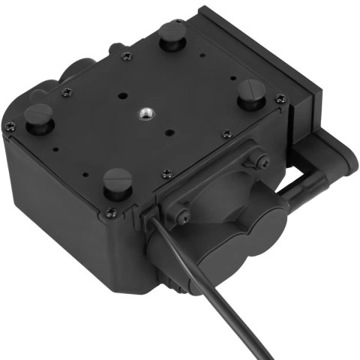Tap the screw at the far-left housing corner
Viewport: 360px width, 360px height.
point(8,127)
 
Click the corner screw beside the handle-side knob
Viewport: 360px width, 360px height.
point(280,97)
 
